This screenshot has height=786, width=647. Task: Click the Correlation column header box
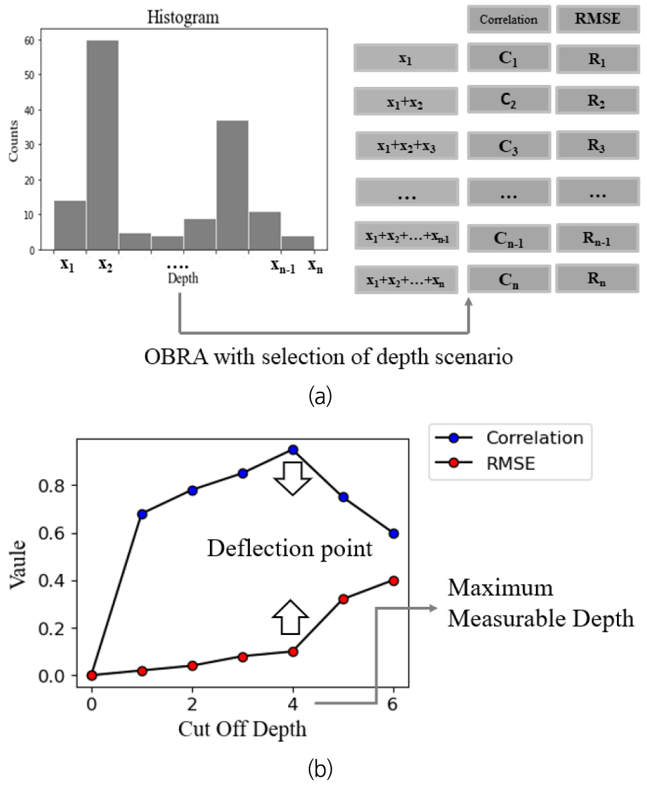click(x=509, y=19)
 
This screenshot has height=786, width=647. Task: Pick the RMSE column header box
click(x=598, y=19)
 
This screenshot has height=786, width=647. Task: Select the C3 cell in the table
click(x=509, y=146)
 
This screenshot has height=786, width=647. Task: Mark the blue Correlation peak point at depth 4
click(x=293, y=450)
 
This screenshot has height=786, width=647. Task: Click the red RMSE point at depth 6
click(x=394, y=581)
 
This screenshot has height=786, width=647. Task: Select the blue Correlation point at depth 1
click(x=142, y=514)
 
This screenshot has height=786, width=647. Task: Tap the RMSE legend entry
click(x=511, y=463)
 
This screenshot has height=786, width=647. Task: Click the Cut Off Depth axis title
click(x=242, y=729)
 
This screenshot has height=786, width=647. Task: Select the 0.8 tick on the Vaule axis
click(x=55, y=485)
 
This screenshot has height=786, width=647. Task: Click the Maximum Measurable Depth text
click(x=540, y=604)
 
